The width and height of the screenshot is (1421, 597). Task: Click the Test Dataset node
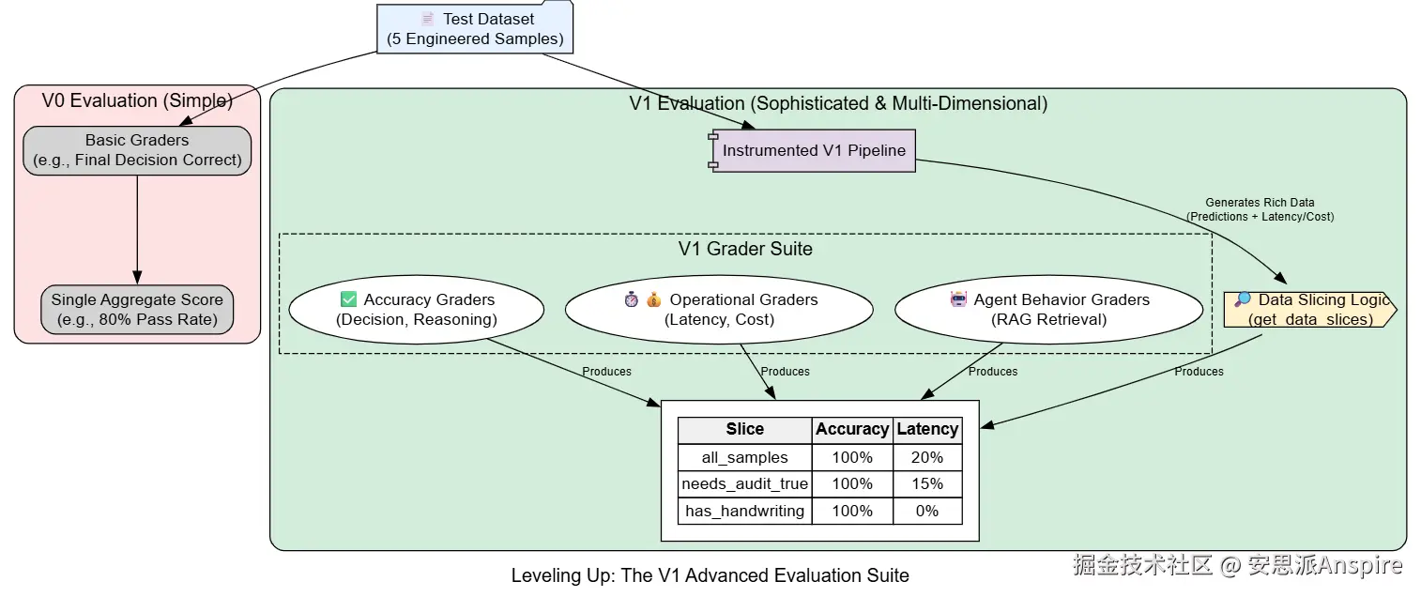click(475, 29)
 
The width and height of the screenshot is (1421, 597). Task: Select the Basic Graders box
click(137, 150)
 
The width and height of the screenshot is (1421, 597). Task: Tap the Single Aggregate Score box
click(137, 309)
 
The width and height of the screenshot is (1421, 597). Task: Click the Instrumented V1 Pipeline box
click(814, 150)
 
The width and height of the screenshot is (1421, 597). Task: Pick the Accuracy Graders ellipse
click(416, 309)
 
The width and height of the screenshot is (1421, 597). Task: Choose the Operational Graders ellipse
click(719, 309)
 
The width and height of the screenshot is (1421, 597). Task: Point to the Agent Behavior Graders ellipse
click(1048, 309)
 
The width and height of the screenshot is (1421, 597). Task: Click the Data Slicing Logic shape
click(1309, 309)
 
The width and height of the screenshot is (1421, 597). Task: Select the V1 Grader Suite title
click(745, 249)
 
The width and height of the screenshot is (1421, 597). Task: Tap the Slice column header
click(744, 430)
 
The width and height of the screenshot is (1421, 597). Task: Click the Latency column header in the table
click(927, 430)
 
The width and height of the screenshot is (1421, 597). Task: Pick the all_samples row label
click(744, 458)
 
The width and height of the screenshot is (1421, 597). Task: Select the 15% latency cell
click(927, 484)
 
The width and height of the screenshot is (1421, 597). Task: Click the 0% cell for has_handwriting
click(927, 512)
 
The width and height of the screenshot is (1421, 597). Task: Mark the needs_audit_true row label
click(744, 484)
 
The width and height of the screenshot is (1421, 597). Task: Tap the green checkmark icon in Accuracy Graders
click(348, 299)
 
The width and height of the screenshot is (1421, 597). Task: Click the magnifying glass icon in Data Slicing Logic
click(1243, 299)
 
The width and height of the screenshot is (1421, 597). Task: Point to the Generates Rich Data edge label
click(1260, 209)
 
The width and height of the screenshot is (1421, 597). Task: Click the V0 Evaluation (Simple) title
click(137, 100)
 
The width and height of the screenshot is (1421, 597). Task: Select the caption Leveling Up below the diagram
click(710, 575)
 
